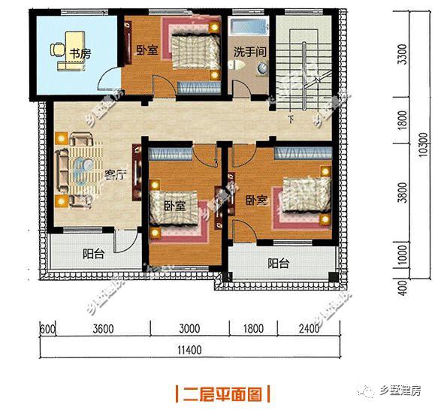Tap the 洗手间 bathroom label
click(246, 54)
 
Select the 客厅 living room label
click(114, 176)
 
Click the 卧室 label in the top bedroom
click(147, 50)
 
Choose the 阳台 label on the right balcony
click(279, 264)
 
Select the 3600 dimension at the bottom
click(102, 327)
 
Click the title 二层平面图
click(222, 393)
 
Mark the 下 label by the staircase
click(290, 119)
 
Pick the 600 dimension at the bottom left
click(47, 327)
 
